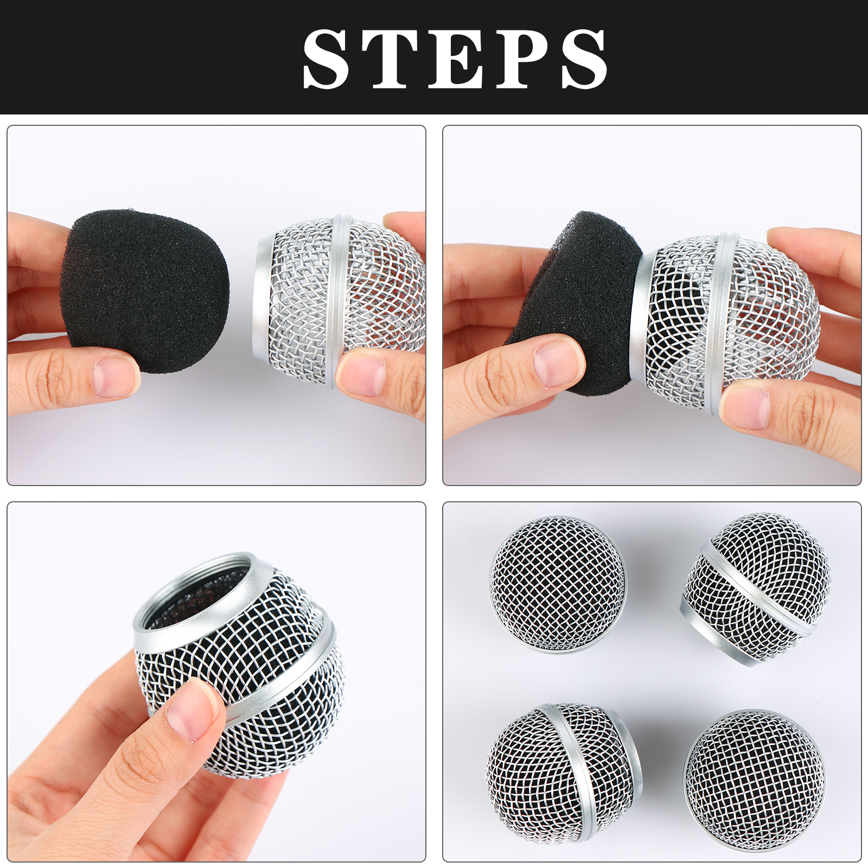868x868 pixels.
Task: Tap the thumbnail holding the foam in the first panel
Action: (114, 377)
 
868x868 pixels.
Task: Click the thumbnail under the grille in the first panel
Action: (361, 374)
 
